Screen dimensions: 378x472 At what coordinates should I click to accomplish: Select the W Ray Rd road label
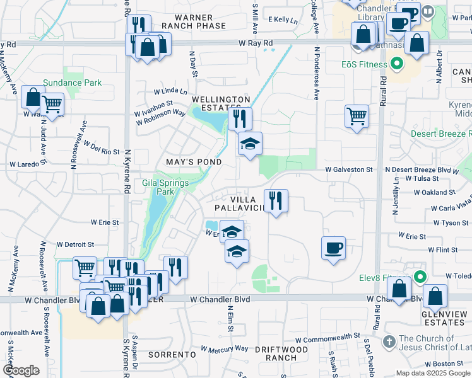click(x=256, y=43)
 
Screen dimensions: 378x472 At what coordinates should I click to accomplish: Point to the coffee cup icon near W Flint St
click(x=333, y=246)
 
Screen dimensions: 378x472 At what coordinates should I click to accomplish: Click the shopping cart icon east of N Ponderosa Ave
click(x=357, y=116)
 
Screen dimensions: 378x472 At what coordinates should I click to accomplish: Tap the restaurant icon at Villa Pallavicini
click(x=276, y=200)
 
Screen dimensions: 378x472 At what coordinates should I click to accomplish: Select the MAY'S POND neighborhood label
click(x=194, y=162)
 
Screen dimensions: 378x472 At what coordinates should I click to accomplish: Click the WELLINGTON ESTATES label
click(x=221, y=104)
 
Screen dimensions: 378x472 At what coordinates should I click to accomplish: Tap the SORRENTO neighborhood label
click(x=172, y=355)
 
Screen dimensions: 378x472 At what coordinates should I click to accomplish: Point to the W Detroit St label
click(x=75, y=244)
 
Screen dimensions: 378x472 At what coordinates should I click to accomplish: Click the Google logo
click(x=21, y=371)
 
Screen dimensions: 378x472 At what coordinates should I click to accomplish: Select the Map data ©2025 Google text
click(x=432, y=373)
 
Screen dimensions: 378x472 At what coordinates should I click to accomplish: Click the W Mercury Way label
click(x=225, y=348)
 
